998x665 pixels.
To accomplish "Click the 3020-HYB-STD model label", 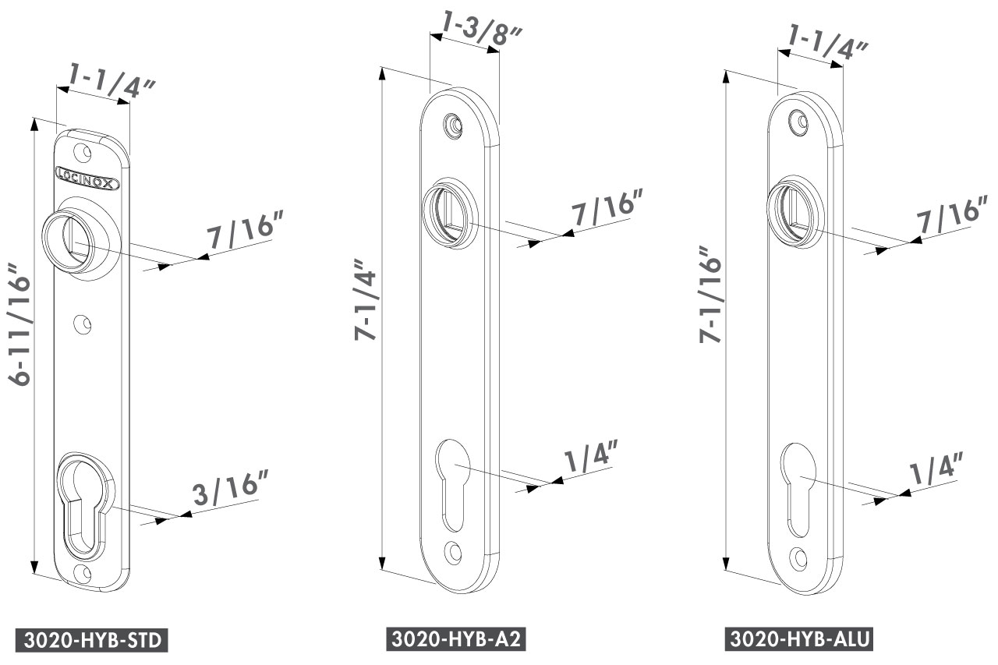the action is pos(92,640).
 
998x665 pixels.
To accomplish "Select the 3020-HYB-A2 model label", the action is pos(456,638).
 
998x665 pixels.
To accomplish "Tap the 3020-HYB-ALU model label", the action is pos(799,638).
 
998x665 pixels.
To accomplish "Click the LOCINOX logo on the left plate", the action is pos(88,179).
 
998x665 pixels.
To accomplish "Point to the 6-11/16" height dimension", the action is pos(19,324).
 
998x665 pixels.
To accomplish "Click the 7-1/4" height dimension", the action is pos(365,299).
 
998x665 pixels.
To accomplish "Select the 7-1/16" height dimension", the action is pos(710,294).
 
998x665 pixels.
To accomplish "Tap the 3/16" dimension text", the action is pos(231,488).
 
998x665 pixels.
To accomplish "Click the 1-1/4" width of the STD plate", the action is pos(111,82).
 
